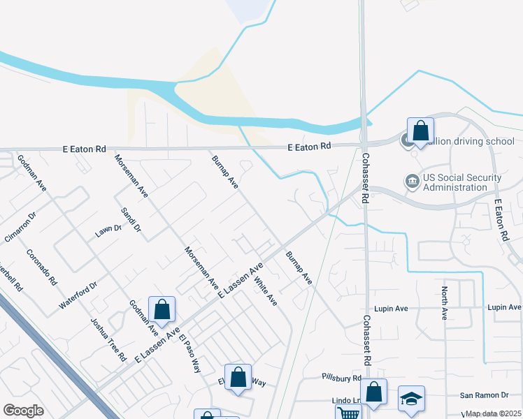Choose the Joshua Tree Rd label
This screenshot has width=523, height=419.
108,339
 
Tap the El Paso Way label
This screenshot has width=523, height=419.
189,354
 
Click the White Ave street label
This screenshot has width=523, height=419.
266,291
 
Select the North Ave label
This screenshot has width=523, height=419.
444,302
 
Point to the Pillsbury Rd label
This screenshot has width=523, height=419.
342,378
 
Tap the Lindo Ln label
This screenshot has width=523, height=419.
345,401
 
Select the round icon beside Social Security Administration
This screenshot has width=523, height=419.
413,182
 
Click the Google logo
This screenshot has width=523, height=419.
23,411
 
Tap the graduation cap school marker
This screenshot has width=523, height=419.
412,399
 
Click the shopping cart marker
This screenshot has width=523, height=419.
348,413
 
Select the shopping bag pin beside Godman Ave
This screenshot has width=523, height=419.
162,309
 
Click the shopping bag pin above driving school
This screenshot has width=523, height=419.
420,130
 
